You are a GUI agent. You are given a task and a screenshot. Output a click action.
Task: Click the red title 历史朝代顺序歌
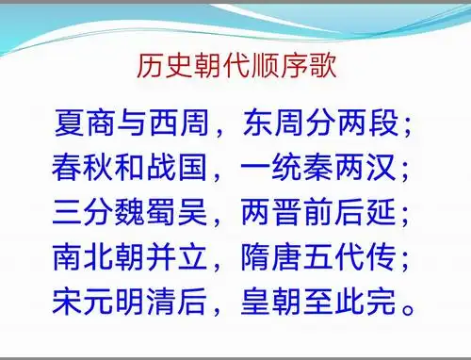(235, 69)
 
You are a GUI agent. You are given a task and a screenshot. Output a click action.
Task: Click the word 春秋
(88, 171)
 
